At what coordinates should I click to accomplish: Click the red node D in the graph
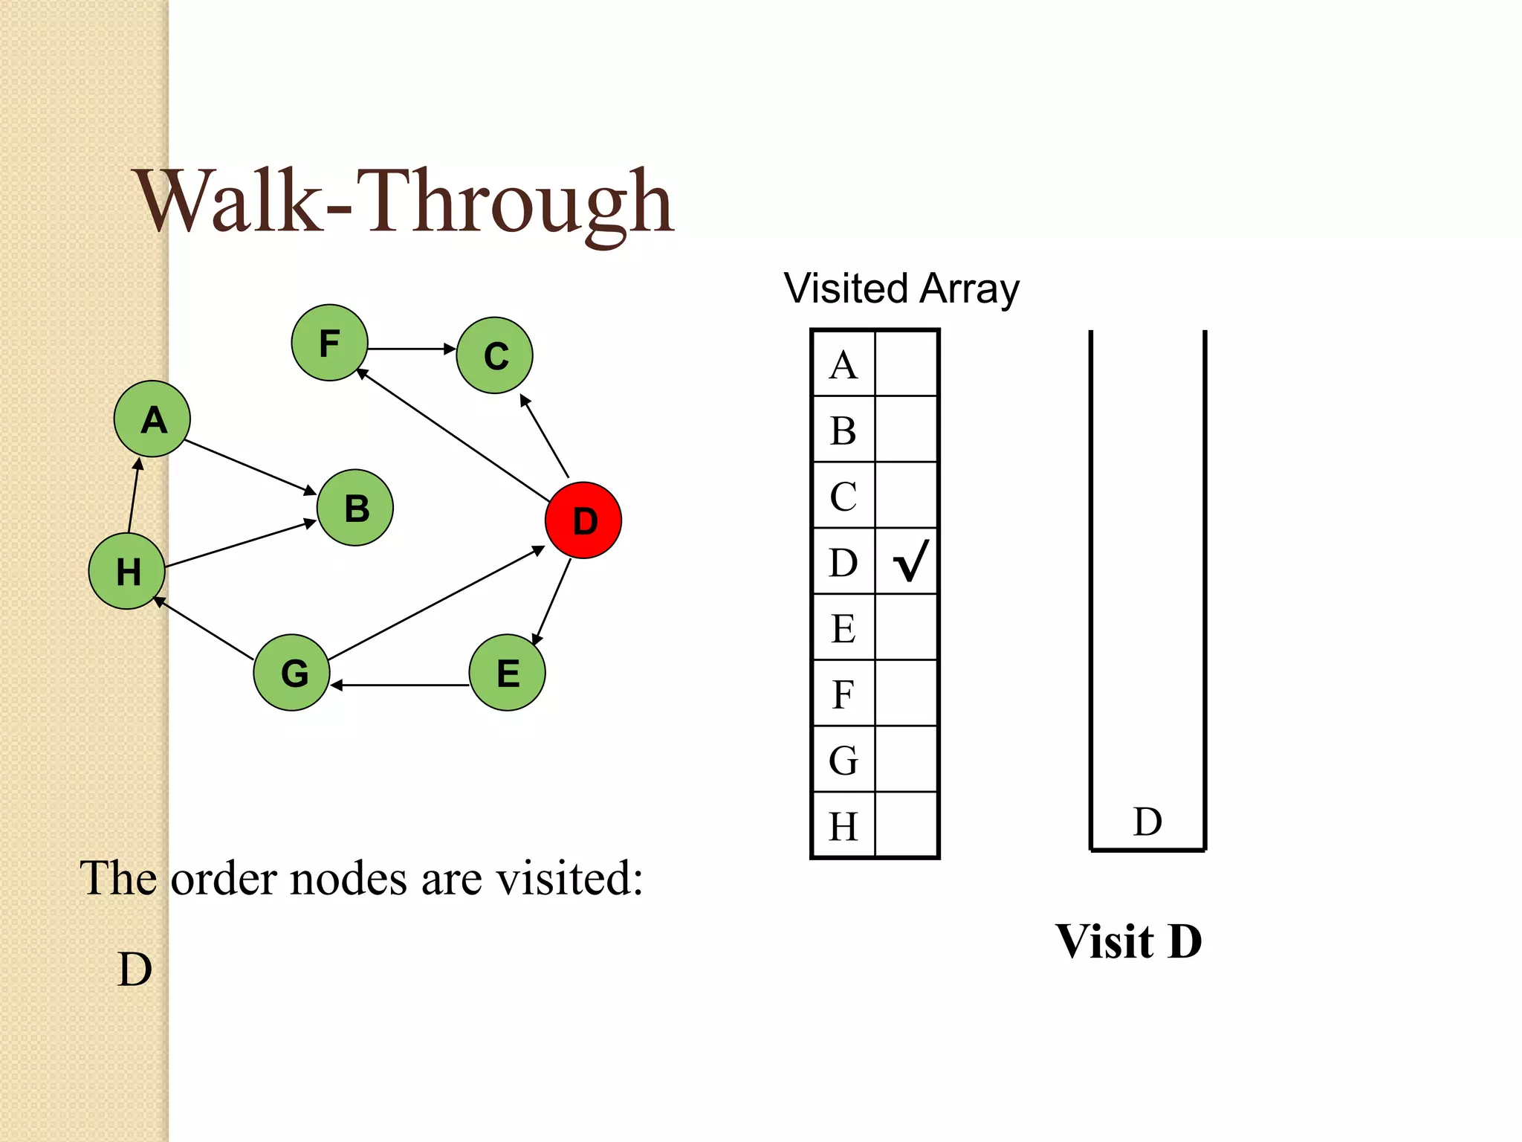click(x=583, y=520)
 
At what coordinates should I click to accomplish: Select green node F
click(x=329, y=343)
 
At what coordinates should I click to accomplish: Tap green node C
click(x=495, y=355)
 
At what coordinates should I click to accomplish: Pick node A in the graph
click(x=152, y=419)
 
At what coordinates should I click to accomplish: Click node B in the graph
click(x=355, y=508)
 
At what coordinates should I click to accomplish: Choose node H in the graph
click(x=127, y=571)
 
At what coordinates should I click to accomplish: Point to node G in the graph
click(x=292, y=672)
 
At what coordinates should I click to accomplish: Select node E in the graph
click(x=508, y=672)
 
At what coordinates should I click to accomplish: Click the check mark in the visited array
click(x=910, y=561)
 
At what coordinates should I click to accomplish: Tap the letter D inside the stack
click(x=1147, y=822)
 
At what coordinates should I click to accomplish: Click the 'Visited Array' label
click(x=901, y=288)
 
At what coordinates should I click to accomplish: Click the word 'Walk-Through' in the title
click(x=405, y=202)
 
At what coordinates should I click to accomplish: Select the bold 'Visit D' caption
click(x=1128, y=941)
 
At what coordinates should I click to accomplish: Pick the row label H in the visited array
click(x=843, y=826)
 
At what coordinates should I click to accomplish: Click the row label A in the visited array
click(x=843, y=365)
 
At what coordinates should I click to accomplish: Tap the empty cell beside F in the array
click(x=907, y=694)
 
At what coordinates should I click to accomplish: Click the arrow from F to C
click(x=411, y=349)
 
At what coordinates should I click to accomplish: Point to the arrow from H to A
click(x=134, y=495)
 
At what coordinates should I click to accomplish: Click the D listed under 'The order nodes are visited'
click(x=135, y=970)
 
